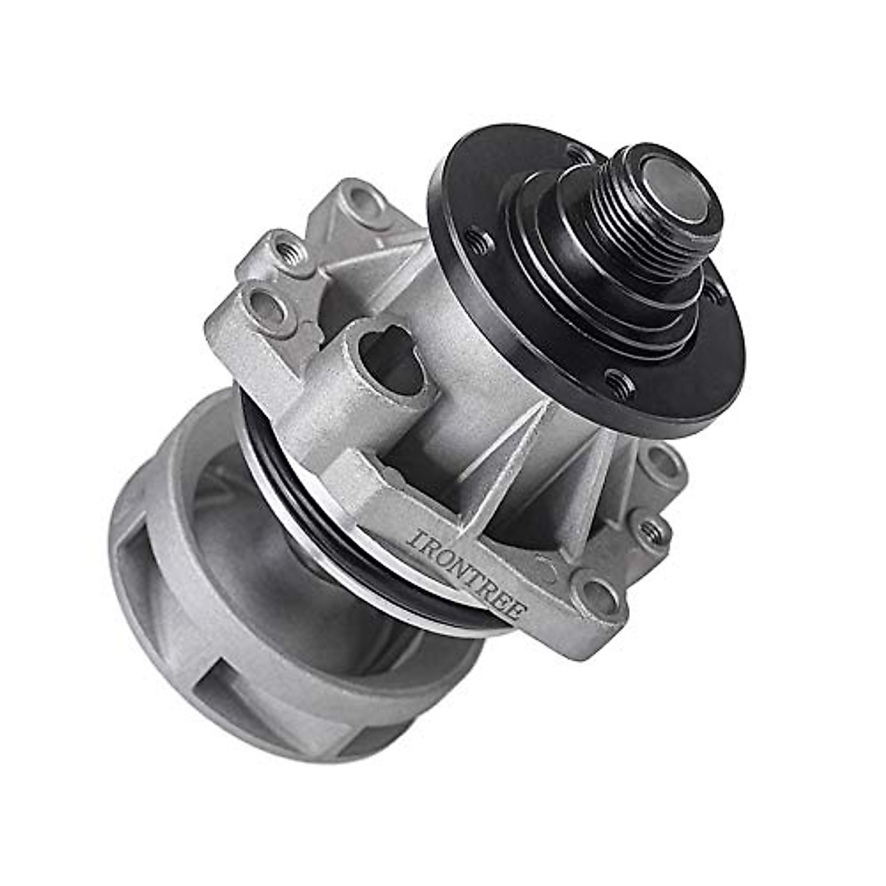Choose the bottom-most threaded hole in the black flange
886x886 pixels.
[x=619, y=383]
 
